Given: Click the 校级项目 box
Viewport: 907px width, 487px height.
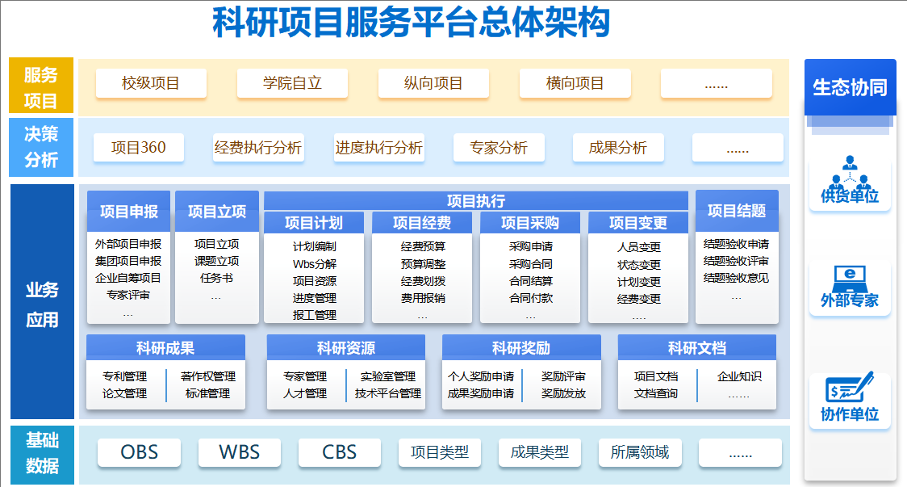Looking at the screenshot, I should pyautogui.click(x=151, y=83).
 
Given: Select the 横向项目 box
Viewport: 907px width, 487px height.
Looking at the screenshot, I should pyautogui.click(x=575, y=83).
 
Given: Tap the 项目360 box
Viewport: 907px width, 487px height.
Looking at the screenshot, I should pyautogui.click(x=138, y=148).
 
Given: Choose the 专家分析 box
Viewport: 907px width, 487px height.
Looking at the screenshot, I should pyautogui.click(x=499, y=148).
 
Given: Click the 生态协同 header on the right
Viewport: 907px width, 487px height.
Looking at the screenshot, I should pyautogui.click(x=850, y=87).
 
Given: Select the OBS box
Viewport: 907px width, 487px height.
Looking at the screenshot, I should pyautogui.click(x=139, y=452).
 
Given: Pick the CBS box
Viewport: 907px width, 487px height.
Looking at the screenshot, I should pyautogui.click(x=339, y=452).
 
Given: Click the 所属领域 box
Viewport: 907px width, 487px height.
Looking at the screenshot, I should pyautogui.click(x=640, y=452).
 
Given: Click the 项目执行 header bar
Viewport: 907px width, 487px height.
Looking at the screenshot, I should pyautogui.click(x=476, y=200).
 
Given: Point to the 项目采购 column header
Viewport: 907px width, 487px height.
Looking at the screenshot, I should pyautogui.click(x=529, y=223).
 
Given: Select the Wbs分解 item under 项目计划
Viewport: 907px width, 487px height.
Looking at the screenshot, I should pyautogui.click(x=314, y=264).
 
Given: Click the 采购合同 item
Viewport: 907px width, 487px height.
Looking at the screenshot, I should pyautogui.click(x=530, y=264).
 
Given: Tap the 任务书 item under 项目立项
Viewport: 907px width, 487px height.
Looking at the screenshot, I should pyautogui.click(x=216, y=278).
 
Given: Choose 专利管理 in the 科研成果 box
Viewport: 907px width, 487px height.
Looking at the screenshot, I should pyautogui.click(x=124, y=376).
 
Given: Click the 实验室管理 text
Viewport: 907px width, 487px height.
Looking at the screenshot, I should pyautogui.click(x=387, y=376).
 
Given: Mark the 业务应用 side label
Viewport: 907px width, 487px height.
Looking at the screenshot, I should pyautogui.click(x=42, y=304).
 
